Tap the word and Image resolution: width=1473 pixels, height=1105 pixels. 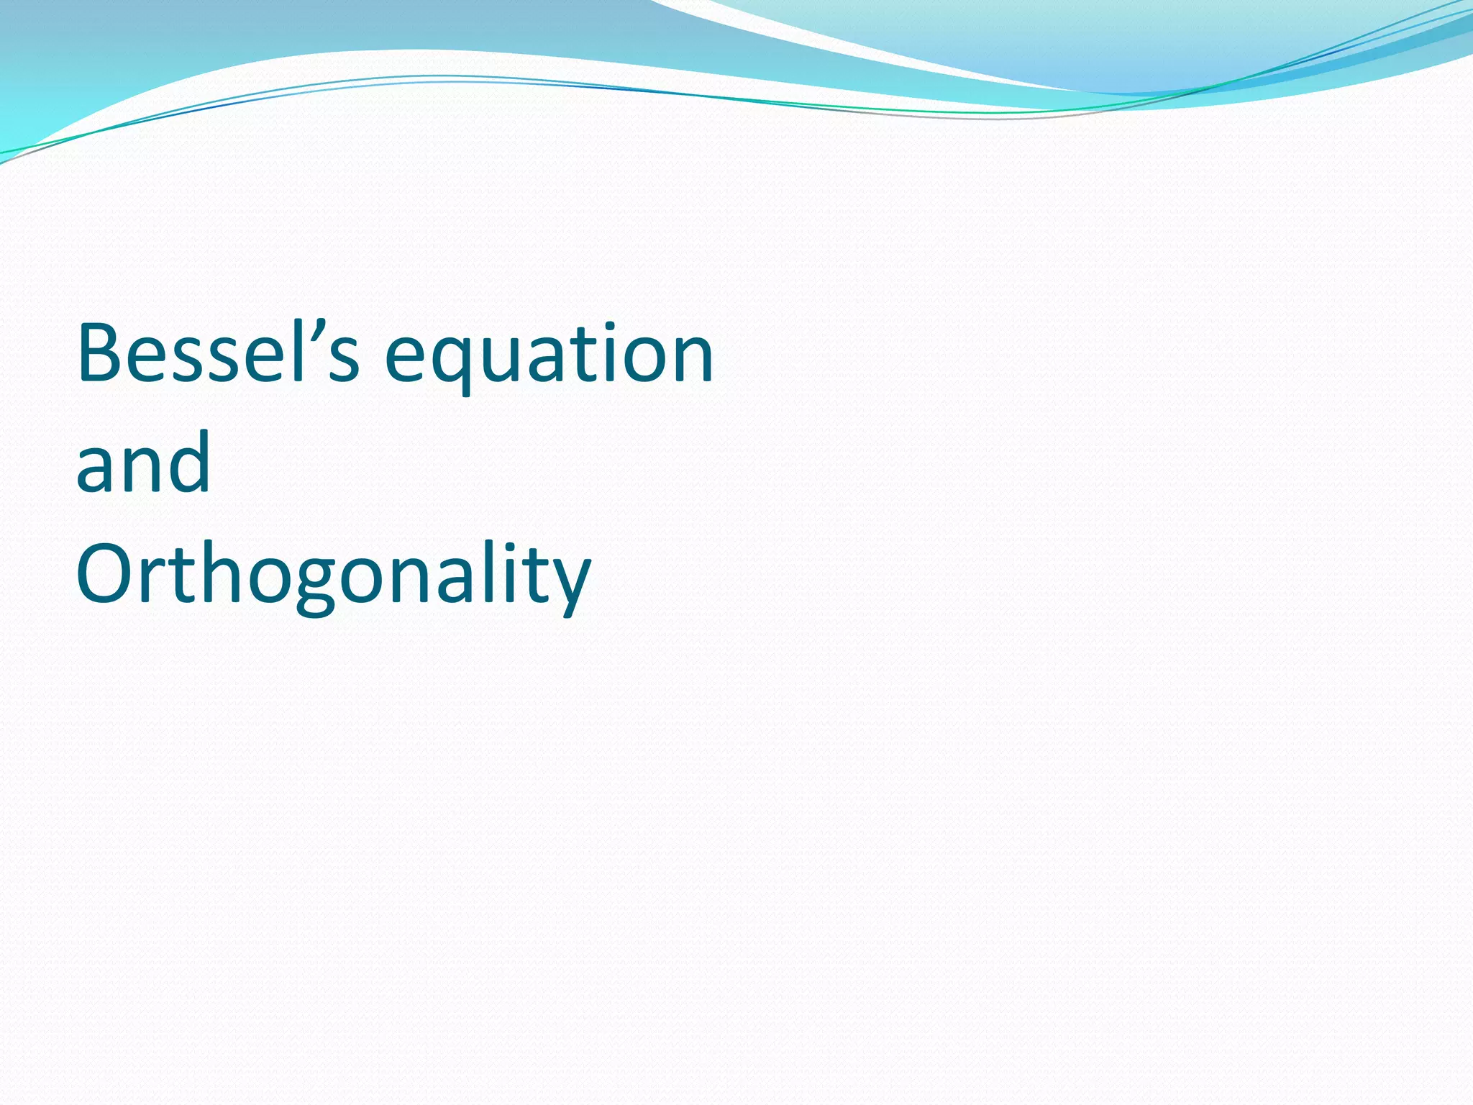(x=143, y=464)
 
